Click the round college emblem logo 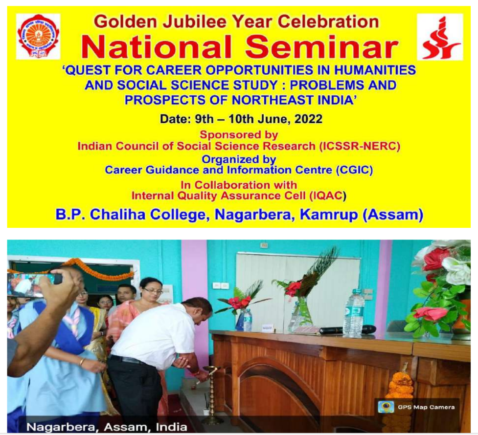coord(38,36)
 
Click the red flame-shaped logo coord(440,37)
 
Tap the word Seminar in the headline coord(322,47)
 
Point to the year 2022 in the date coord(308,119)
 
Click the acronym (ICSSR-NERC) coord(360,146)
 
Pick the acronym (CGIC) coord(354,170)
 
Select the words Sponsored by coord(239,134)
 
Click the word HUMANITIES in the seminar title coord(375,70)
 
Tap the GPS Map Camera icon coord(386,407)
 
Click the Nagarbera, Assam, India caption coord(107,427)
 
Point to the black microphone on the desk coord(347,330)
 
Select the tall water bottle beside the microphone coord(354,313)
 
